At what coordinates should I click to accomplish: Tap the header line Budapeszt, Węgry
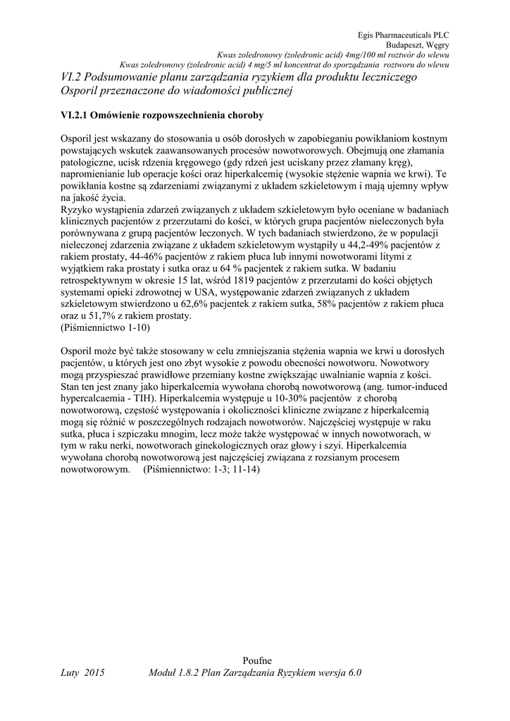click(x=421, y=44)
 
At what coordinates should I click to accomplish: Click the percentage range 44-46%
click(x=127, y=257)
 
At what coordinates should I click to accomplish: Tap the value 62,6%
click(x=204, y=304)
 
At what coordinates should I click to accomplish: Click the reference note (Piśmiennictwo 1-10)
click(x=106, y=328)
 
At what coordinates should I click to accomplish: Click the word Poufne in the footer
click(x=256, y=660)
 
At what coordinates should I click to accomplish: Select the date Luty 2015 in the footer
click(x=82, y=673)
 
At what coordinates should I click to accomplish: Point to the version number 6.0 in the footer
click(x=354, y=673)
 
